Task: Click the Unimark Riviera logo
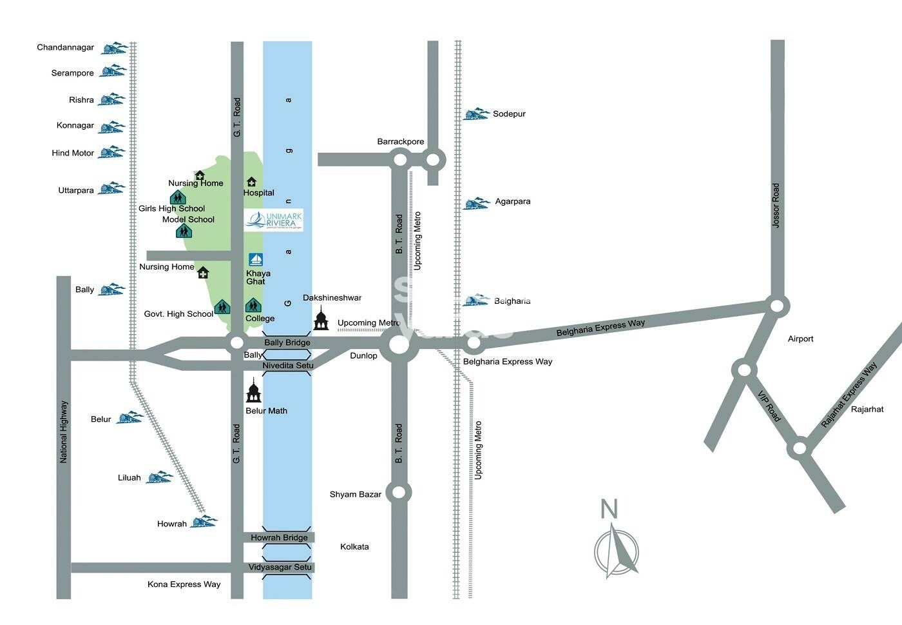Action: click(274, 220)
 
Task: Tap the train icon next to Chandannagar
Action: click(113, 48)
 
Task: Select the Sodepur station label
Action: click(509, 114)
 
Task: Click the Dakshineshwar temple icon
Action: click(321, 319)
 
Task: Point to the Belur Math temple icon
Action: click(254, 392)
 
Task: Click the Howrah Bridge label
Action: click(279, 537)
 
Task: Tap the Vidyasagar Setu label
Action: click(280, 567)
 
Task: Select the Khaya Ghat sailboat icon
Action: click(256, 260)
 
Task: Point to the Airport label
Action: click(801, 339)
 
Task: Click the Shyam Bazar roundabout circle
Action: click(399, 493)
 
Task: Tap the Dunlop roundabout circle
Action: click(399, 344)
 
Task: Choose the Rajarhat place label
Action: click(867, 409)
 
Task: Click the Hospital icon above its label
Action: click(252, 182)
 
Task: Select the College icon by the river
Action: click(253, 305)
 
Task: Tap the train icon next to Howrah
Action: click(204, 521)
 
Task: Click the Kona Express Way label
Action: click(184, 584)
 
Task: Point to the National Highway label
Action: click(63, 432)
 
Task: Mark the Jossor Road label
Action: click(776, 205)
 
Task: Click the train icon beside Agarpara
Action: click(477, 203)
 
